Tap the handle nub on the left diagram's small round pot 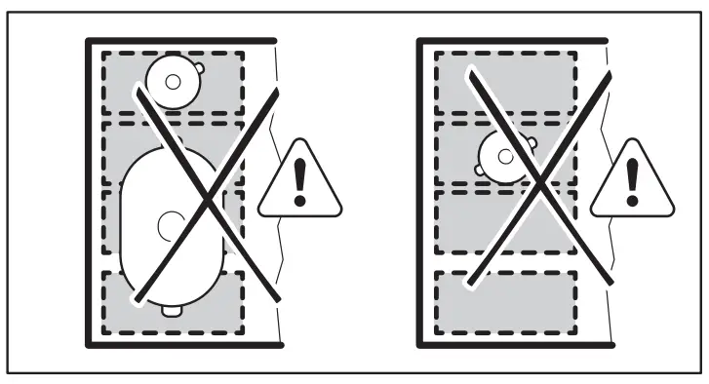pos(198,67)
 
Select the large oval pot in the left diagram pos(173,229)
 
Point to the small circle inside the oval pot pos(169,225)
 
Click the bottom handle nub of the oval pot pos(172,311)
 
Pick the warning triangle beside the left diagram pos(299,182)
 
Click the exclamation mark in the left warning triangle pos(299,182)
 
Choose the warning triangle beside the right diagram pos(631,182)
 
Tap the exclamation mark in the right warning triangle pos(631,182)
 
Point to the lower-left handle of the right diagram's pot pos(481,170)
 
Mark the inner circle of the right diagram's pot pos(503,155)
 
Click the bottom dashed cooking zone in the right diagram pos(504,302)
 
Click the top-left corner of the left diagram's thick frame pos(88,42)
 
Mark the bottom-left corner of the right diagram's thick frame pos(419,344)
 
